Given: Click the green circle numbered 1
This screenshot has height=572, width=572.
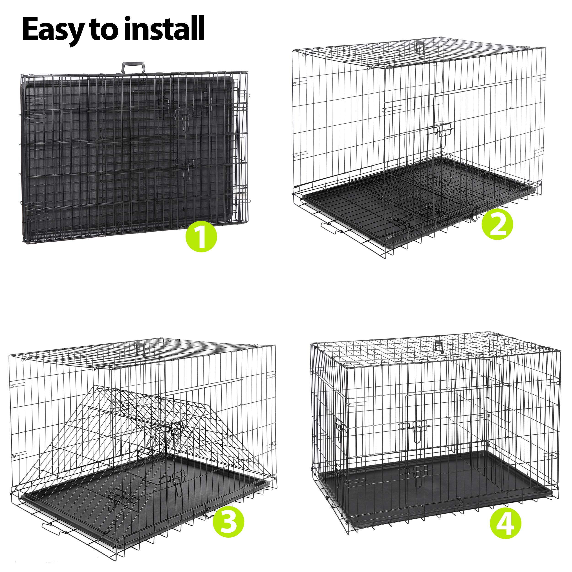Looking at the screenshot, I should (201, 237).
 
